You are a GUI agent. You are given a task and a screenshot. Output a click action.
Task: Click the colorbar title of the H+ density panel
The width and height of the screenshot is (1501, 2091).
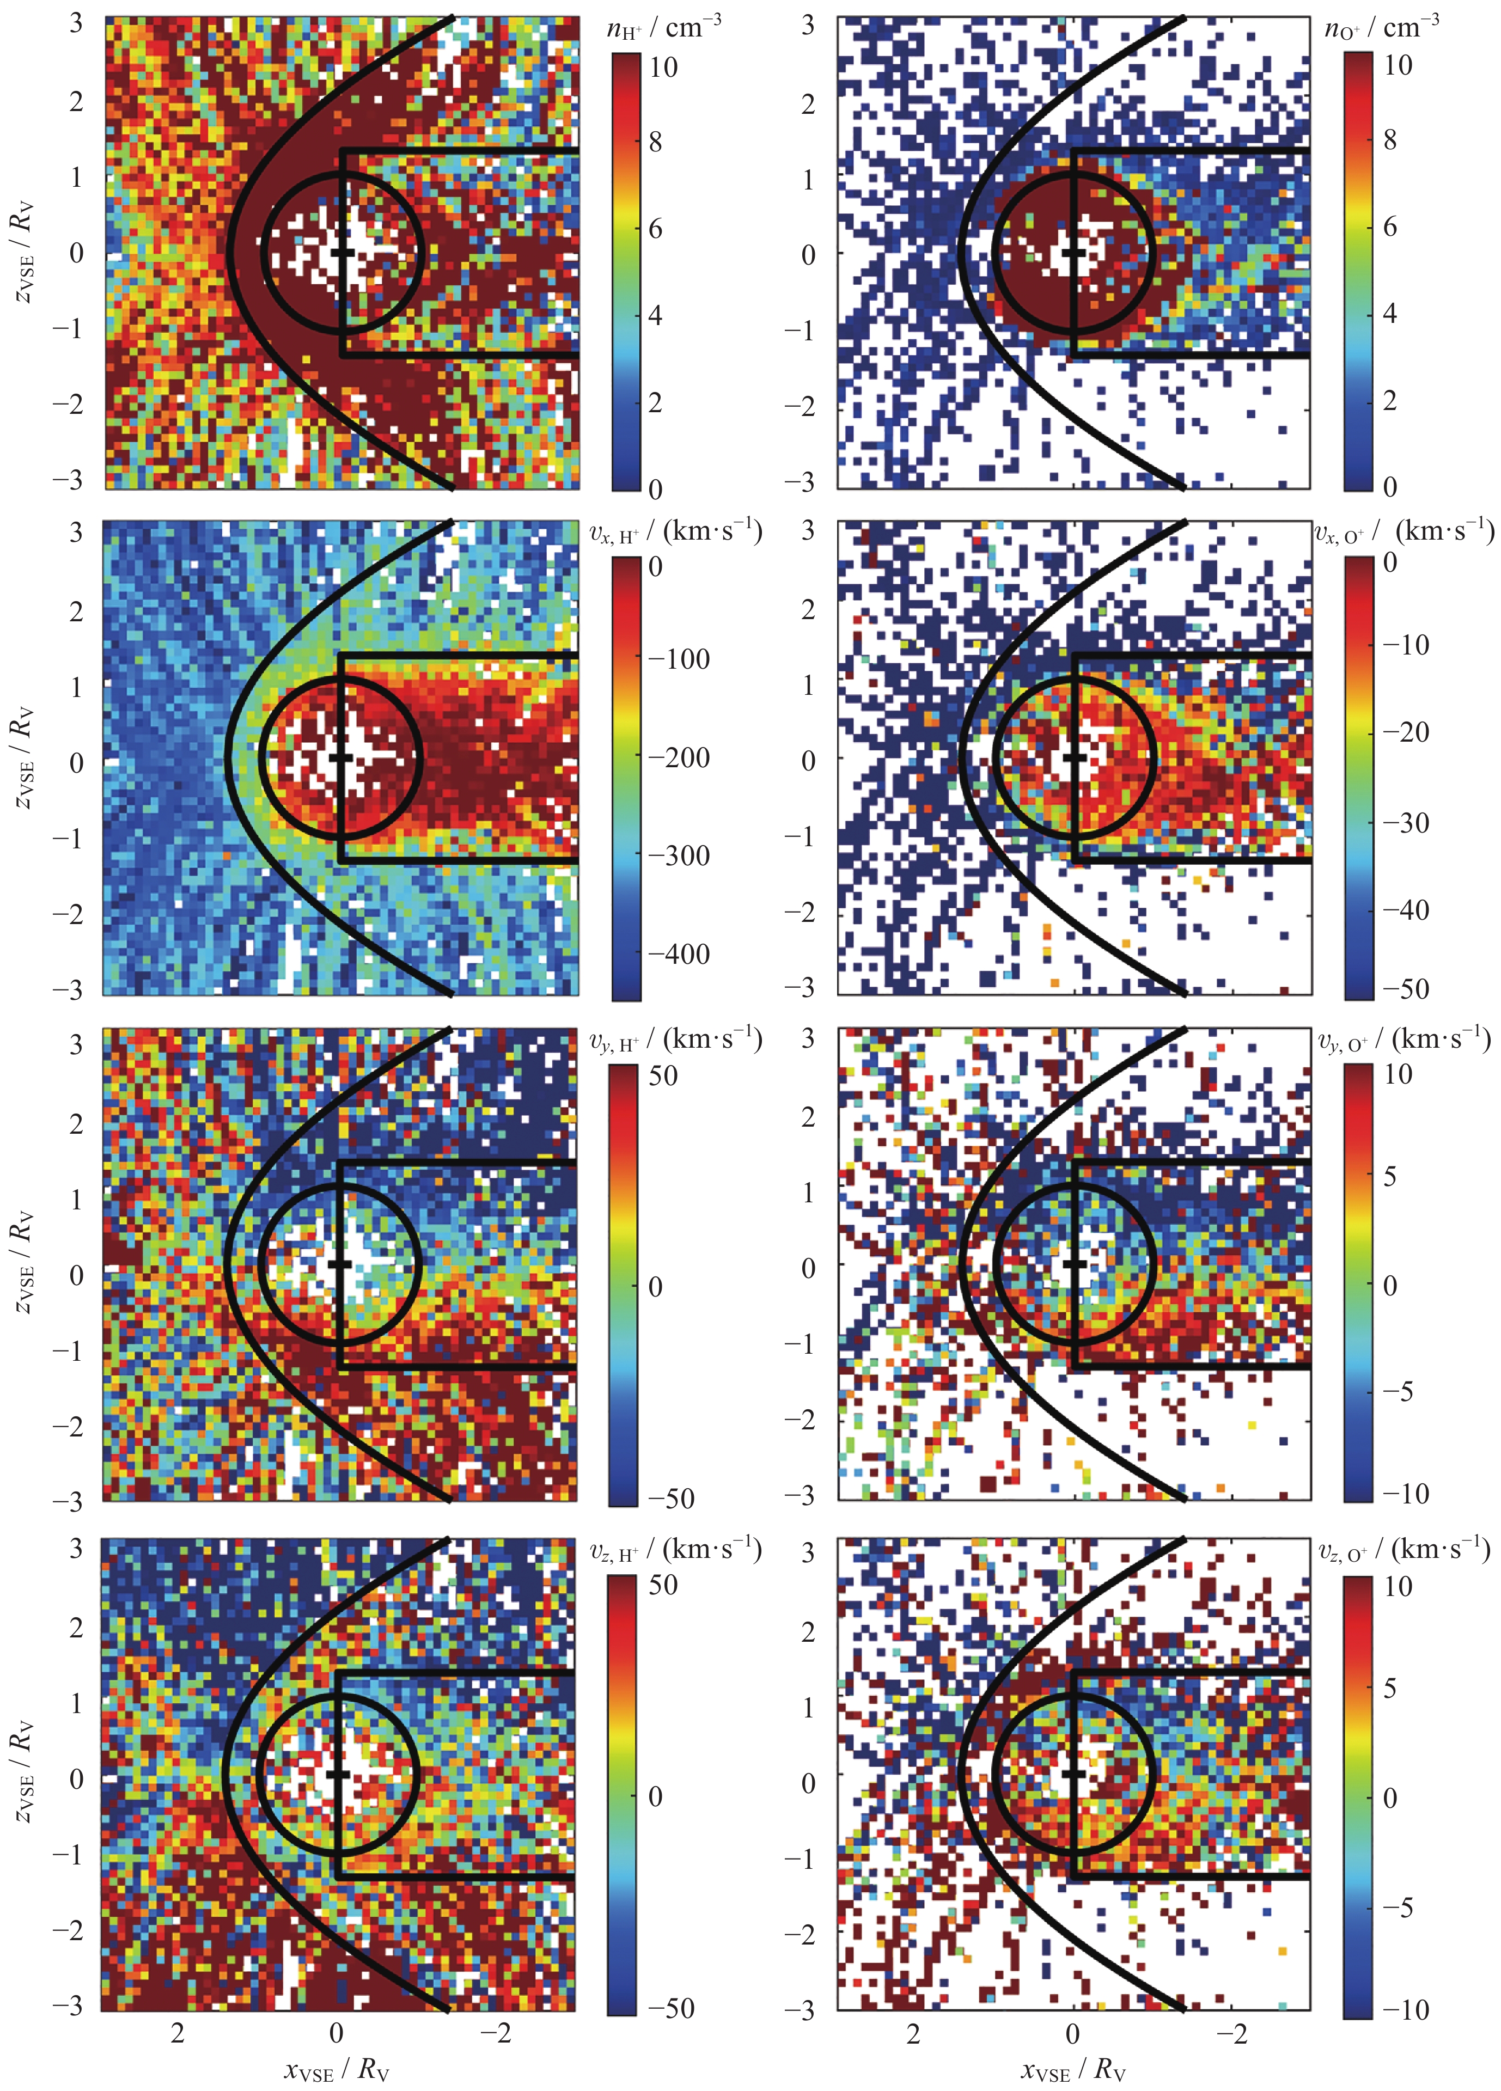point(663,28)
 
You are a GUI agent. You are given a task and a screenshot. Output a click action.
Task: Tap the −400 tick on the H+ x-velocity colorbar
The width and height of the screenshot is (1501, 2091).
point(678,953)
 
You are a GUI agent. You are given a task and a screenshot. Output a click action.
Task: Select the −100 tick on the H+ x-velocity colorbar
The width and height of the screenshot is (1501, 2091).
point(678,658)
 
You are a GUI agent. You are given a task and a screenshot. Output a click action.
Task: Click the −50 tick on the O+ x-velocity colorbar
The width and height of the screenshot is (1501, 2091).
point(1405,988)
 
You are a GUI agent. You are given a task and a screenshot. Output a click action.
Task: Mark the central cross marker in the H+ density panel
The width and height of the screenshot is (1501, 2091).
point(342,252)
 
